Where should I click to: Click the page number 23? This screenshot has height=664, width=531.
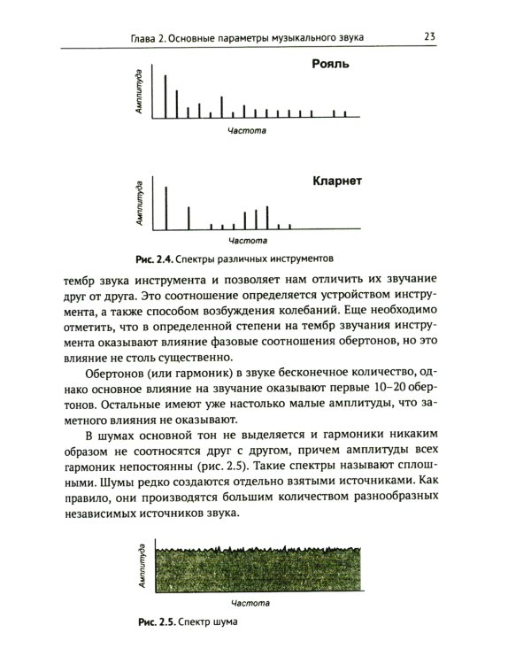click(x=428, y=36)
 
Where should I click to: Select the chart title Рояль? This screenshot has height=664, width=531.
click(x=331, y=64)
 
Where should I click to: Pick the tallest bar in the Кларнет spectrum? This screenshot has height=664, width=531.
click(x=165, y=205)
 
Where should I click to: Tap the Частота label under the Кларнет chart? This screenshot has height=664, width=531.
click(x=247, y=240)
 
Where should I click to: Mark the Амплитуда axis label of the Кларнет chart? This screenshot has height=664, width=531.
click(x=139, y=203)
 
